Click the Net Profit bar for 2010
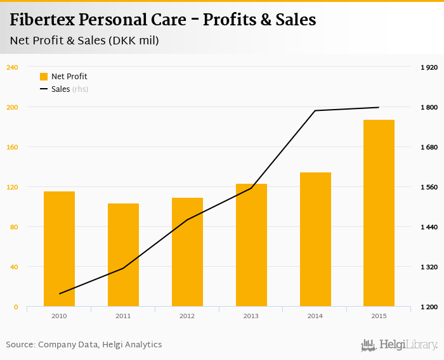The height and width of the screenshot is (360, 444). [59, 248]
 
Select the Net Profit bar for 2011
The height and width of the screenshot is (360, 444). [123, 255]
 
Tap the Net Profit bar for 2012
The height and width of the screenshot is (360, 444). [187, 252]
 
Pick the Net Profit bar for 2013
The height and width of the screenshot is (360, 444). [251, 245]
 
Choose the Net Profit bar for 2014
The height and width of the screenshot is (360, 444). [315, 239]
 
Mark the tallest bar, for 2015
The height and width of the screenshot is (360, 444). [379, 212]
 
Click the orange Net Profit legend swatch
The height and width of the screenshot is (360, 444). [44, 77]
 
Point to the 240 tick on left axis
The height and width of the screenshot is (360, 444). [11, 67]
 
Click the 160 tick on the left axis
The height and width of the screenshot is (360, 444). [11, 147]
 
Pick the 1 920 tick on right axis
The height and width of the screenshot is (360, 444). [429, 67]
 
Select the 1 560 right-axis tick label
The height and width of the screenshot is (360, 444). [429, 187]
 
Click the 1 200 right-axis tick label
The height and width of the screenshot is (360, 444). [429, 307]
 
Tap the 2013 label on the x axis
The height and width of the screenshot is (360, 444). [251, 316]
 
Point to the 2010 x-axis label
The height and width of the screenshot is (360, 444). [59, 316]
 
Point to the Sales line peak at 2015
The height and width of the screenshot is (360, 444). [379, 108]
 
